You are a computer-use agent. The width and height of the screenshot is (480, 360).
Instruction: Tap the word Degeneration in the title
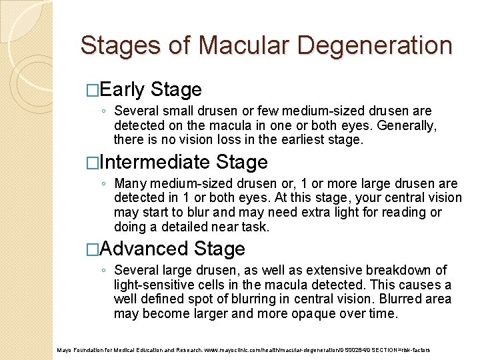[375, 45]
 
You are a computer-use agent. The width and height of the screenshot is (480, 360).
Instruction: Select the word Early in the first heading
[123, 89]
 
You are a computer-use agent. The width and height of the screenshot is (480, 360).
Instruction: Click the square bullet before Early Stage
[91, 90]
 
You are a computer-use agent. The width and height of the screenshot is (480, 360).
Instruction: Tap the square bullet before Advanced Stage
[91, 249]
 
